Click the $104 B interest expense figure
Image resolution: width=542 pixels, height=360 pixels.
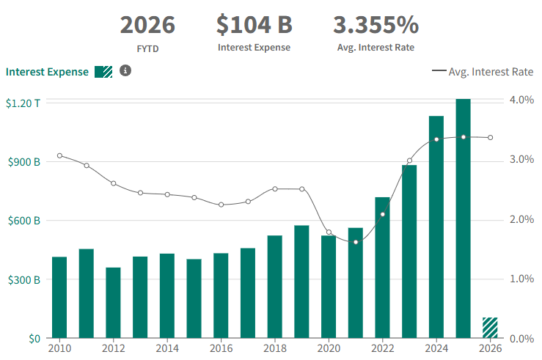pyautogui.click(x=254, y=24)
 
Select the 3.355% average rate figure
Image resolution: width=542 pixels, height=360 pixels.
pyautogui.click(x=376, y=24)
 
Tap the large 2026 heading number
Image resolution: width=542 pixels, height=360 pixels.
pyautogui.click(x=147, y=24)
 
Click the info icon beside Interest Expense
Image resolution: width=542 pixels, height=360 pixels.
pyautogui.click(x=125, y=71)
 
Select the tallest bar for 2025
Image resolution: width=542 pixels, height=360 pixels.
pyautogui.click(x=463, y=218)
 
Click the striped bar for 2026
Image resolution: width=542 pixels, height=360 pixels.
pyautogui.click(x=490, y=328)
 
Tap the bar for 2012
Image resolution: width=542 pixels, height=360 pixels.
pyautogui.click(x=113, y=303)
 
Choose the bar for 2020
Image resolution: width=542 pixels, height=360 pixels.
pyautogui.click(x=329, y=287)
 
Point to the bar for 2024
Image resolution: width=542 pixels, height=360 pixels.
pyautogui.click(x=436, y=227)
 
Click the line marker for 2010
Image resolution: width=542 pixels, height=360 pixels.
pyautogui.click(x=59, y=155)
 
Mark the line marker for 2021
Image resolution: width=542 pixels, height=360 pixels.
pyautogui.click(x=356, y=242)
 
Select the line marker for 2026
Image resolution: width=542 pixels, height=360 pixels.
pyautogui.click(x=490, y=138)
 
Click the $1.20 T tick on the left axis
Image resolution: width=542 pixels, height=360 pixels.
pyautogui.click(x=23, y=103)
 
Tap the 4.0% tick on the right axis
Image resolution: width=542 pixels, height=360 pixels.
pyautogui.click(x=521, y=100)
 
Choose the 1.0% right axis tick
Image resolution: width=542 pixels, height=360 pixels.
pyautogui.click(x=521, y=279)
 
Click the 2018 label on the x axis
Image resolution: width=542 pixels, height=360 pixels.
pyautogui.click(x=274, y=348)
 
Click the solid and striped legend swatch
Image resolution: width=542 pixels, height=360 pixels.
pyautogui.click(x=103, y=72)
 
